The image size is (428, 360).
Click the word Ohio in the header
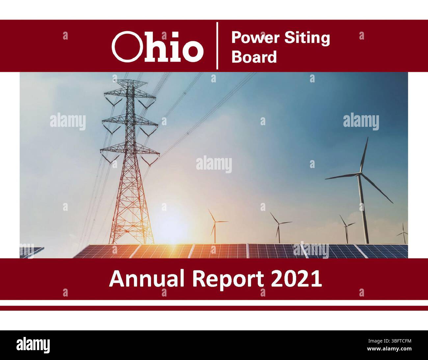157,46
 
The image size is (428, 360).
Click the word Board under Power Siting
254,57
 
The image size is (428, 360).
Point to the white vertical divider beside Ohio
217,46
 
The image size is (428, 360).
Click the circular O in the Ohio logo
124,46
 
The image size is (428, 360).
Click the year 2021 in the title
296,279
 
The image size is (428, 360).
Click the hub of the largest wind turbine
361,174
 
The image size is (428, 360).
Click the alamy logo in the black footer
33,345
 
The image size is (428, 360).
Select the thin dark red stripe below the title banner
214,308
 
